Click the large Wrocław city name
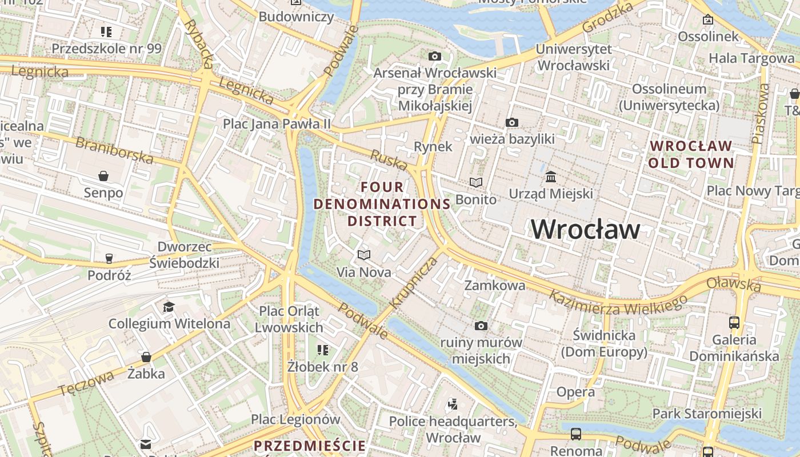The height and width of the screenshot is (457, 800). [586, 229]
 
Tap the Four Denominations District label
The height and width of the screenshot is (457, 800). [382, 204]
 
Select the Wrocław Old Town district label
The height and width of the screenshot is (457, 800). [691, 154]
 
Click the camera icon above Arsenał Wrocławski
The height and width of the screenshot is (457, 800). [435, 56]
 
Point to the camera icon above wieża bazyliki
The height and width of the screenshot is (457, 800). [512, 122]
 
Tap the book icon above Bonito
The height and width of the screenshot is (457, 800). [476, 182]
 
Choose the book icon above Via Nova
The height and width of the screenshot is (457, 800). [364, 255]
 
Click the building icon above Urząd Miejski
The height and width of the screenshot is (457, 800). [551, 177]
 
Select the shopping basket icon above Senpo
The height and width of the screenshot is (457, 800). [103, 175]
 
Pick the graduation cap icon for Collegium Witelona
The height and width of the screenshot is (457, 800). [169, 307]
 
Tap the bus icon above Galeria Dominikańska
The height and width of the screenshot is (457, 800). [734, 323]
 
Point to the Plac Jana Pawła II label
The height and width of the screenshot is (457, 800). [277, 123]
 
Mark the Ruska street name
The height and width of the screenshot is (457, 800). [389, 160]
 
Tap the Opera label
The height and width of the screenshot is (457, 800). [575, 392]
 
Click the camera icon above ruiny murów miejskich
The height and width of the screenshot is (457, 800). [481, 326]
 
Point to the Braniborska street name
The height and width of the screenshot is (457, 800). [114, 150]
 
